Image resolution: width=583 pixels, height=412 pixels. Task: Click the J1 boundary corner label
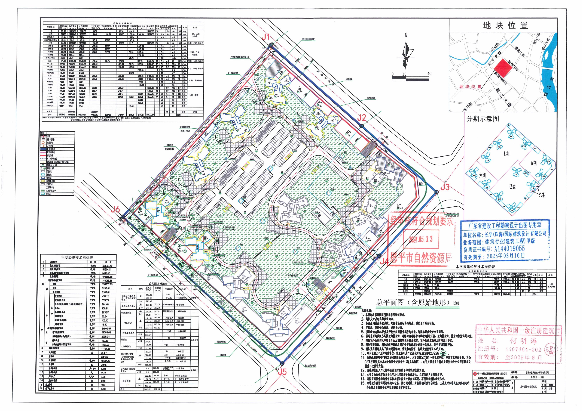(266, 38)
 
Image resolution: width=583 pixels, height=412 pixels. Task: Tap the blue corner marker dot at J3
(436, 192)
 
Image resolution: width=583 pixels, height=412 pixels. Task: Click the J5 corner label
(282, 372)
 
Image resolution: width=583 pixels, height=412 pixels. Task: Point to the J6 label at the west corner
(115, 209)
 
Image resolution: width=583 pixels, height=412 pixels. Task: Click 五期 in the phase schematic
(533, 163)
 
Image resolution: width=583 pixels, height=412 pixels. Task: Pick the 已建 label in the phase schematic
(512, 187)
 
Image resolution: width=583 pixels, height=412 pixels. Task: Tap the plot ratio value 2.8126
(105, 357)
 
